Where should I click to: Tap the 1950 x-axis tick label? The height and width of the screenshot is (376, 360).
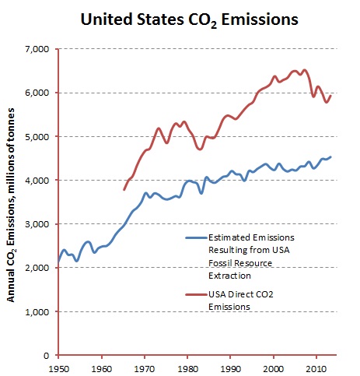click(59, 365)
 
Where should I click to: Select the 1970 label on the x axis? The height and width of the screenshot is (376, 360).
click(145, 365)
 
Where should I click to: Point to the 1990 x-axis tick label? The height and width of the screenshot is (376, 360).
click(230, 365)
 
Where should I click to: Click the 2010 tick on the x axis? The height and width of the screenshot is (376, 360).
click(316, 365)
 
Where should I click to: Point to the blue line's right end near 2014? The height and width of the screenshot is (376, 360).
click(331, 156)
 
